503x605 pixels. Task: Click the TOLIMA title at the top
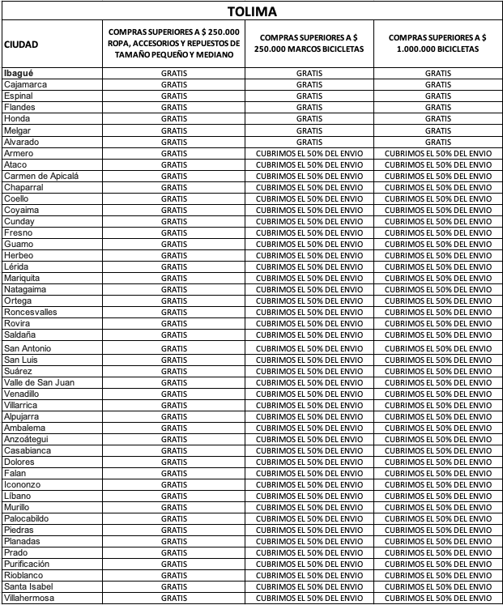[251, 12]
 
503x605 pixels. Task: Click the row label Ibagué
[18, 73]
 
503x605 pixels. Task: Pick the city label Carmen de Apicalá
[41, 176]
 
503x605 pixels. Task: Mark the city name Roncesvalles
[31, 313]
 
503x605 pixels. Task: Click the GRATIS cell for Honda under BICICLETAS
[437, 118]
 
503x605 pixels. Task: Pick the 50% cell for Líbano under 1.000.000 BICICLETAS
[437, 495]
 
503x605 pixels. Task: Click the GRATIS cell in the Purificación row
[174, 564]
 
